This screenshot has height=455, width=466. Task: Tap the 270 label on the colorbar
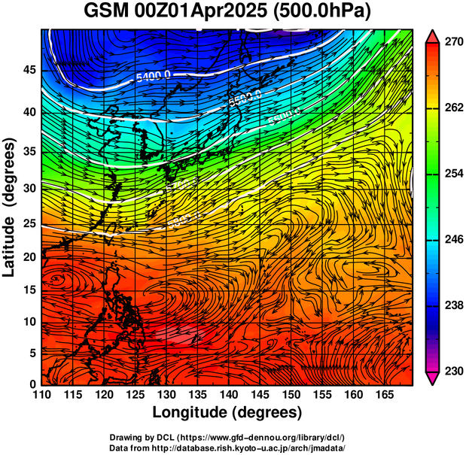[453, 43]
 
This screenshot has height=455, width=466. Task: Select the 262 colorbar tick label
[453, 108]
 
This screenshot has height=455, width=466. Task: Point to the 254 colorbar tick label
[453, 174]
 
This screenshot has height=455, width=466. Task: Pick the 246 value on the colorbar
[453, 240]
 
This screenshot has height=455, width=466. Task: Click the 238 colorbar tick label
[453, 305]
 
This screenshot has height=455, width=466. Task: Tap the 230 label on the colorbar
[453, 371]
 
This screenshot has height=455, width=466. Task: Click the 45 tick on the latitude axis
[29, 70]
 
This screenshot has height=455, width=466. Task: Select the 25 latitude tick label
[29, 223]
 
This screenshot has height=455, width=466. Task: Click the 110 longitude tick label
[41, 396]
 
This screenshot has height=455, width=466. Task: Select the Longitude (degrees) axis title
[227, 413]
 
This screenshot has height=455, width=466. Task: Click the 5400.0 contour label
[154, 76]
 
